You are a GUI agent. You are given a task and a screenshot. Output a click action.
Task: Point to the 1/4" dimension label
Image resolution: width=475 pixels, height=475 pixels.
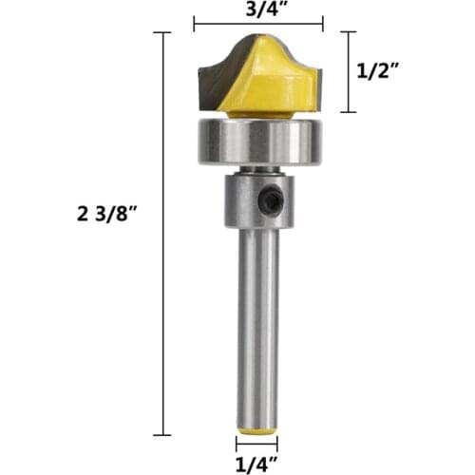click(x=257, y=464)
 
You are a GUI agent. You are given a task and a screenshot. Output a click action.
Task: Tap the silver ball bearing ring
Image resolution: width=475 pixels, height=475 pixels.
click(x=257, y=142)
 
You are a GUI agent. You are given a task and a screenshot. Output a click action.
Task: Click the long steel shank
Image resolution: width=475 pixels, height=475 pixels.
click(x=257, y=323)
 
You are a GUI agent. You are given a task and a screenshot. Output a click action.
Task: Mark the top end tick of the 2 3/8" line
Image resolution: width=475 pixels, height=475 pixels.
click(x=161, y=32)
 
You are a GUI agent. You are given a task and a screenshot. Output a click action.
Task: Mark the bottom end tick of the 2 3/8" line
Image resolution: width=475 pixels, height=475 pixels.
click(x=161, y=434)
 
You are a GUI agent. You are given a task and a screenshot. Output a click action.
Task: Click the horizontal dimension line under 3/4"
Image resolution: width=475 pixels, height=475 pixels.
click(x=257, y=25)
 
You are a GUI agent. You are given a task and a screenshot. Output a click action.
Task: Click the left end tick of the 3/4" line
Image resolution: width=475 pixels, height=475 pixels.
click(x=194, y=25)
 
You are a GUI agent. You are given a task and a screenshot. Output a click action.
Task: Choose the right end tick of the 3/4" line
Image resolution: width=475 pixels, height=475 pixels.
click(x=323, y=25)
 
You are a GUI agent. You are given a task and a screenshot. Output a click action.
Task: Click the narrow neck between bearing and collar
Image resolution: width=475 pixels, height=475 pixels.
click(x=257, y=168)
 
